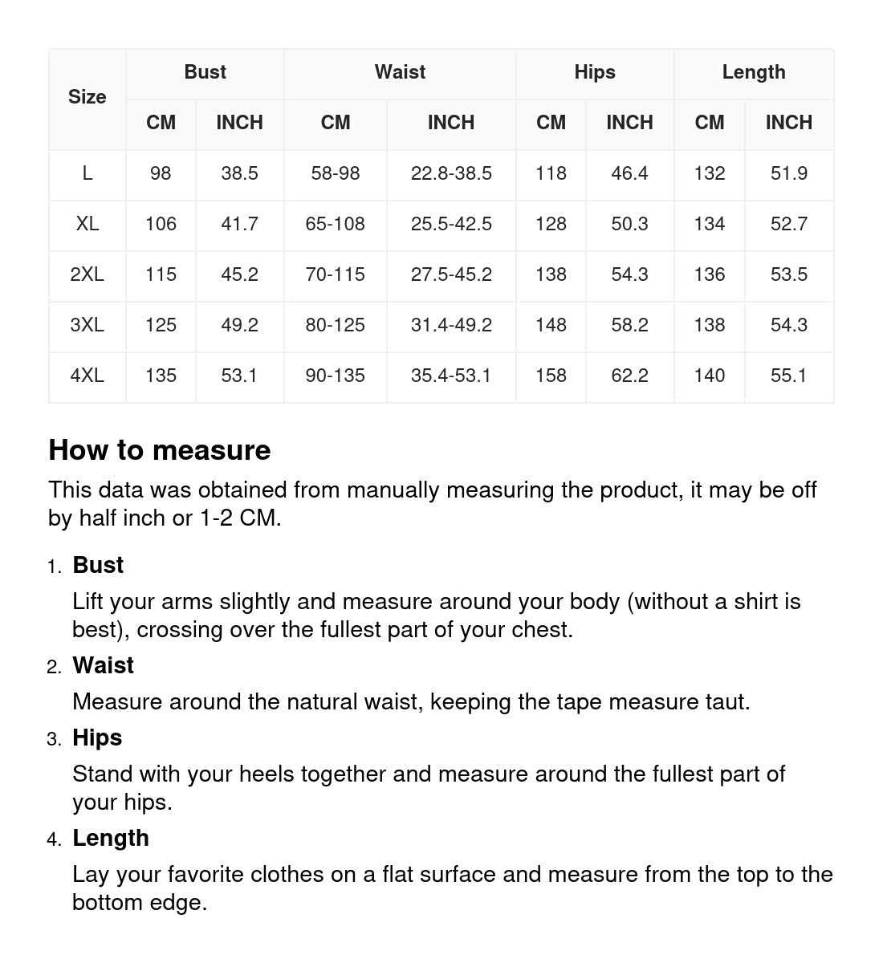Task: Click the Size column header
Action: tap(87, 97)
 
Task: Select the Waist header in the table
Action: tap(400, 72)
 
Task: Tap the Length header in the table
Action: tap(753, 72)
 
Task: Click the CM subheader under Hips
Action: tap(551, 123)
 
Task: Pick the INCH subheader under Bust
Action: tap(239, 123)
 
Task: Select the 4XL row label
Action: tap(87, 376)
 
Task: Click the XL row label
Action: tap(87, 224)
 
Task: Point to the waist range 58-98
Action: tap(335, 173)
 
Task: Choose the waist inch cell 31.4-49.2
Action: tap(451, 325)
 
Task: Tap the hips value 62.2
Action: tap(629, 376)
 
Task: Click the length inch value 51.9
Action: tap(788, 173)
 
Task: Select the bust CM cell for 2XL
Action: tap(161, 274)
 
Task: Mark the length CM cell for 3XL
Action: tap(709, 325)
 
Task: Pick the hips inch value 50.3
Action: tap(629, 224)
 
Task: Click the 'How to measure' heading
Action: tap(160, 450)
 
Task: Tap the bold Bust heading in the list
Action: tap(98, 565)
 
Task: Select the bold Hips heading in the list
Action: tap(97, 737)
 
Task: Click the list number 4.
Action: tap(54, 839)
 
